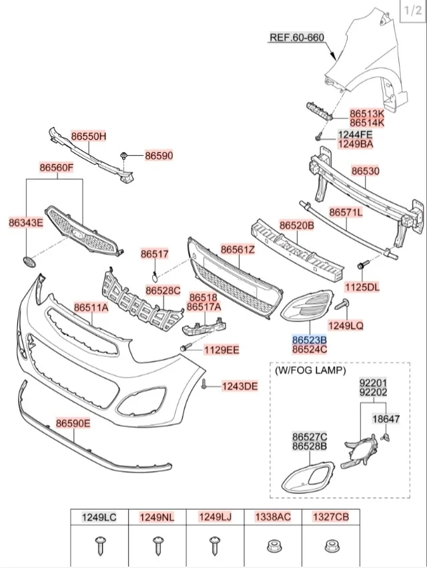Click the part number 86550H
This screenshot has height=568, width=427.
point(89,136)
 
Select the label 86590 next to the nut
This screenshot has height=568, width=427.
point(159,156)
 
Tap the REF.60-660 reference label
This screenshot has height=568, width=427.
point(296,37)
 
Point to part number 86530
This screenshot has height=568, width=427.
point(365,171)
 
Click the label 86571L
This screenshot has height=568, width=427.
point(347,212)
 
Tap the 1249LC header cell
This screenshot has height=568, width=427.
point(99,516)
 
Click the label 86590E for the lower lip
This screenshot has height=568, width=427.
point(73,423)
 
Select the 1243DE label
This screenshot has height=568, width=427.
point(240,386)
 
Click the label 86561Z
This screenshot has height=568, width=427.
point(238,250)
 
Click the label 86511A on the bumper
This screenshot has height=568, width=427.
point(91,307)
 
